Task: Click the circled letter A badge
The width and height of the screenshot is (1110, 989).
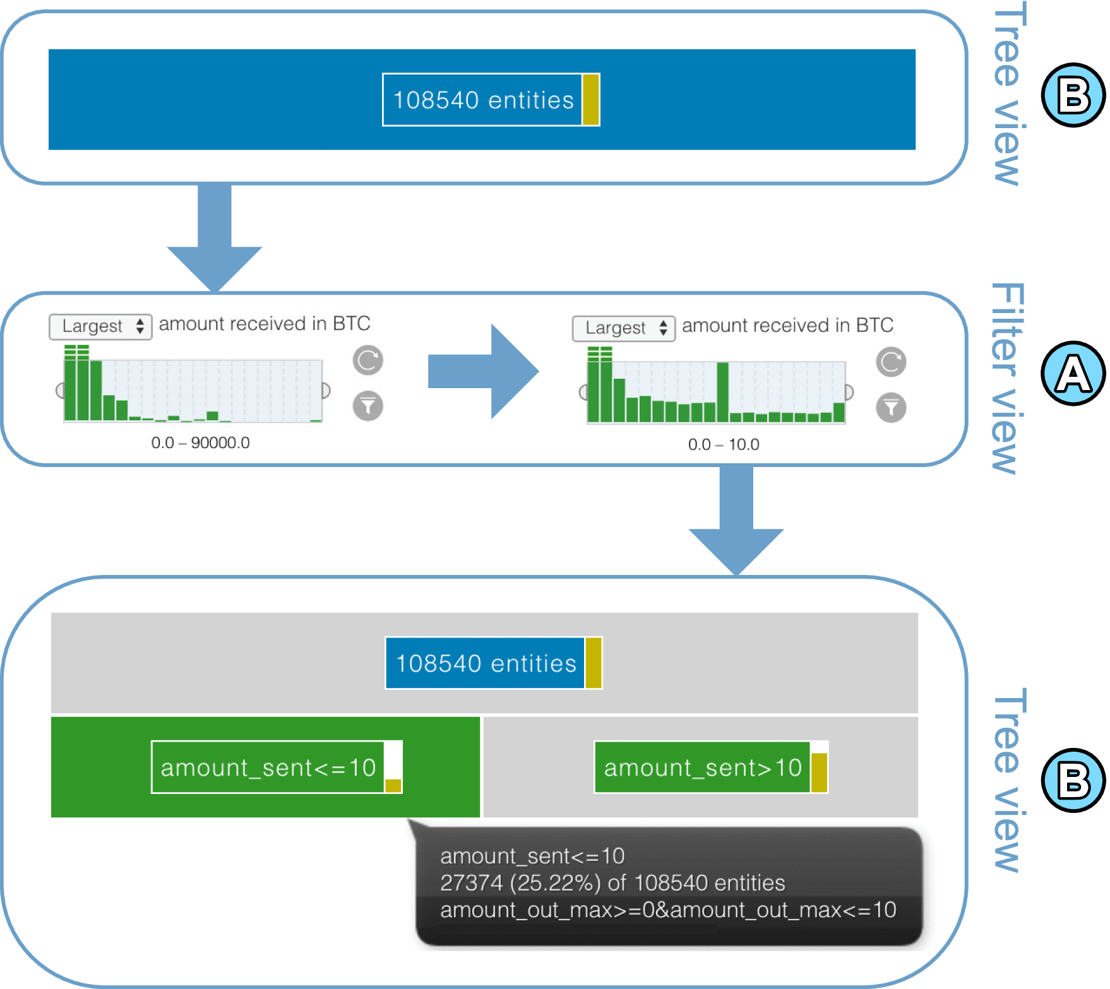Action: point(1072,373)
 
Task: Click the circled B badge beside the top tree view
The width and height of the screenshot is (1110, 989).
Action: point(1072,95)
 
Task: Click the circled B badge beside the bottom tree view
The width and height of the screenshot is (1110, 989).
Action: point(1072,780)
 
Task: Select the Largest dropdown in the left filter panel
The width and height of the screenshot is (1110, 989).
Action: point(101,326)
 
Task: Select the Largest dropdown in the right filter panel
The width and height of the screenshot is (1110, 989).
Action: point(623,328)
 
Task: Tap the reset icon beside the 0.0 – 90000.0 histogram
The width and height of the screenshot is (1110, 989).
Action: point(367,360)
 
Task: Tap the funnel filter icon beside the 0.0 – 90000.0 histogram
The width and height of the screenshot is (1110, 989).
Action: point(367,406)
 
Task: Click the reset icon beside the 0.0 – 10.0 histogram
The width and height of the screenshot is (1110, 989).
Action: point(891,362)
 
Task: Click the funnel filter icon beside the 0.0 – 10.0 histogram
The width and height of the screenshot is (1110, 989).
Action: point(891,408)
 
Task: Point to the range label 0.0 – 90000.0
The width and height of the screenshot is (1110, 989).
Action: point(200,443)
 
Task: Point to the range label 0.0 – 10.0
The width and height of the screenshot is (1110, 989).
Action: point(724,445)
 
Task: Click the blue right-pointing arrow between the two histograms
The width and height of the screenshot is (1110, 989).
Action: point(483,371)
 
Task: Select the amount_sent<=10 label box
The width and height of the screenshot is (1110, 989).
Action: point(268,767)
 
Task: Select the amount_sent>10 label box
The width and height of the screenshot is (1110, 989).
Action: point(703,767)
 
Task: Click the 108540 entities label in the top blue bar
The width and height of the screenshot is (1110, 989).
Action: point(483,100)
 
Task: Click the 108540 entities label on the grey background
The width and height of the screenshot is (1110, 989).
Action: point(486,663)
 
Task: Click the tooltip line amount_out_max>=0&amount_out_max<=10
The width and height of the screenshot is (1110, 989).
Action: point(668,910)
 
